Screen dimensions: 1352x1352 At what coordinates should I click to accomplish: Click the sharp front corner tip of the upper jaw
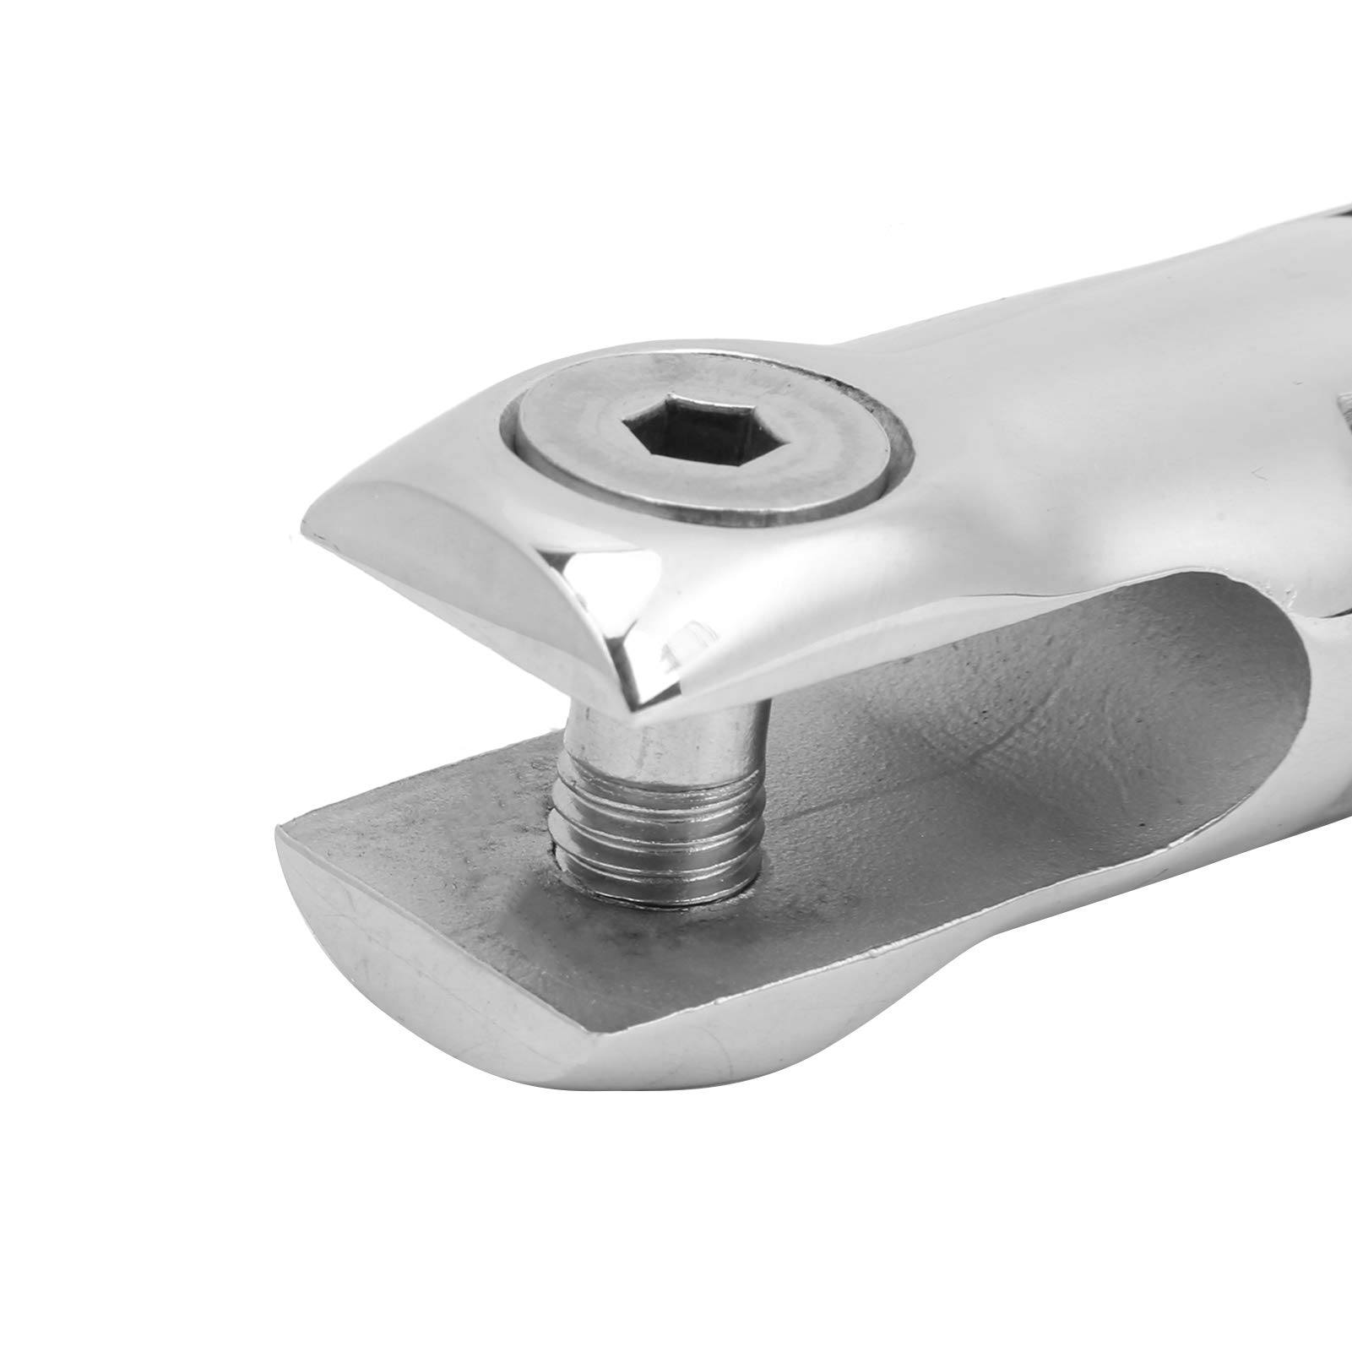(x=635, y=705)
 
